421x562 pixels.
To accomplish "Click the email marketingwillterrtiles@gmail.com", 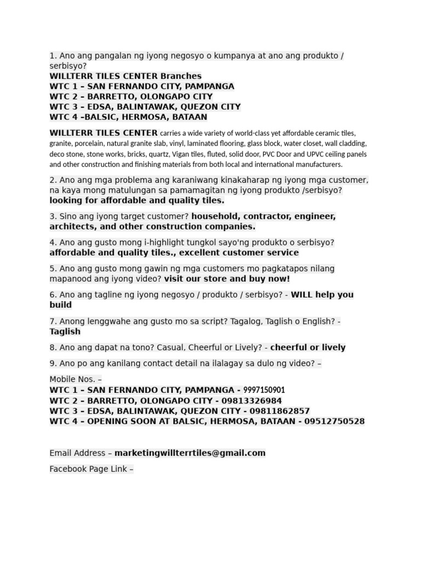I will [x=190, y=453].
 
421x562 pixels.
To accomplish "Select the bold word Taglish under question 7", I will [x=65, y=331].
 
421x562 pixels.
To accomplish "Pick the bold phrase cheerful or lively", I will [x=308, y=347].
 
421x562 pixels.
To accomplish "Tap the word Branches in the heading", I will [x=181, y=76].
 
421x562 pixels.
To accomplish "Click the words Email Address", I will [x=77, y=453].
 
